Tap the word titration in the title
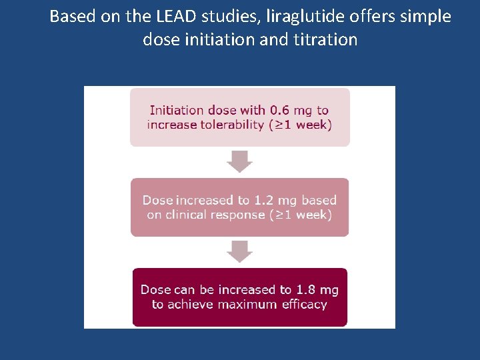coord(325,39)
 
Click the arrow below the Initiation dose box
coord(239,161)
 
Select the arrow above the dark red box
coord(239,251)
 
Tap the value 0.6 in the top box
coord(281,110)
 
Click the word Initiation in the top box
coord(176,110)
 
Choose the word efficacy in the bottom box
coord(304,304)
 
